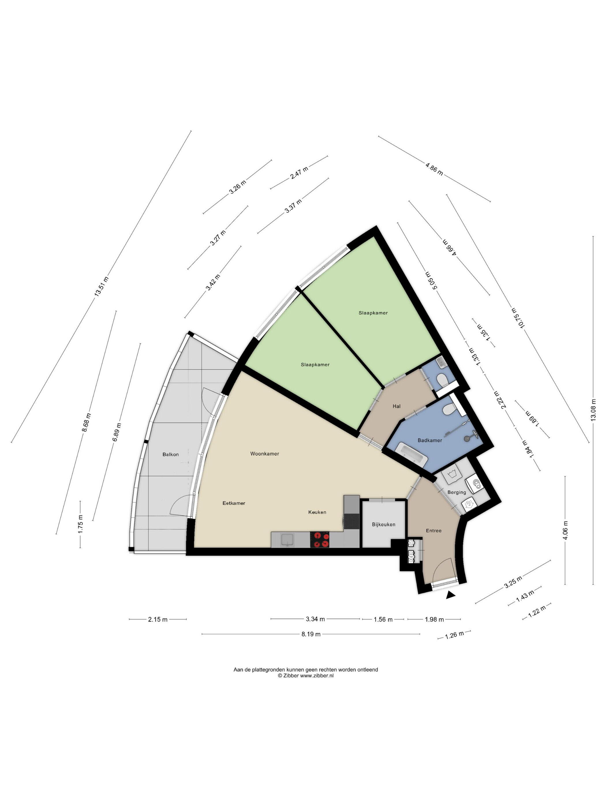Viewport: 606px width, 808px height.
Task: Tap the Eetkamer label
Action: click(x=234, y=503)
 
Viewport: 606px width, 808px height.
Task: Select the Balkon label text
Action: click(x=171, y=455)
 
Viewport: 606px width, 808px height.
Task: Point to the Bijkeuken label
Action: click(x=384, y=524)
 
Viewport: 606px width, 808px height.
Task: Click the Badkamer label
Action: click(x=430, y=440)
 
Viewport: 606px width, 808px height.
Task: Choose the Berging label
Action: click(x=457, y=492)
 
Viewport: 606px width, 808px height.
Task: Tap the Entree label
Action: click(x=434, y=530)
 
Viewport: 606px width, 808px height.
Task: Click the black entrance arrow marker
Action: click(x=451, y=595)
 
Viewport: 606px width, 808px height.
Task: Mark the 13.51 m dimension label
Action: click(x=101, y=287)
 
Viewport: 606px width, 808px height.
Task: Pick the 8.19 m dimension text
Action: click(x=311, y=634)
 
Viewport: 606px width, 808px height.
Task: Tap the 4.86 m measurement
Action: click(x=434, y=169)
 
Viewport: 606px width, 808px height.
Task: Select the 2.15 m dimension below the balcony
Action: click(x=158, y=619)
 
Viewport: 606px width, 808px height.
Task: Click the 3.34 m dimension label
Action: click(x=315, y=619)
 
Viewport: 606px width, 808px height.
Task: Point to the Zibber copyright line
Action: click(x=306, y=676)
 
